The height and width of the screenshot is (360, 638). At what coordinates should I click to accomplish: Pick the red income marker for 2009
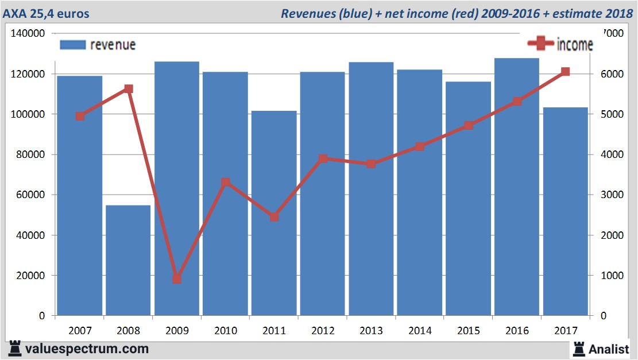tap(177, 279)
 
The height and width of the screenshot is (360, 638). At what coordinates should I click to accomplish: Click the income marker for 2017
tap(566, 72)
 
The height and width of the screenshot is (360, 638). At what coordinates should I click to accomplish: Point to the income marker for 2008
tap(129, 89)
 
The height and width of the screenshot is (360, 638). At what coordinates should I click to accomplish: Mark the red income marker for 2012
tap(323, 158)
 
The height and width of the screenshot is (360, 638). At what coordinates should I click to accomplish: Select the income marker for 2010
tap(226, 183)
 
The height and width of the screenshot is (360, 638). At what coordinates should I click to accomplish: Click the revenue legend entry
tap(98, 44)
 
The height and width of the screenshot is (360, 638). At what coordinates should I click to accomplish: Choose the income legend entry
tap(560, 44)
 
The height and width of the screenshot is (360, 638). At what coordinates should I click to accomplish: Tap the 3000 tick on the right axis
tap(612, 195)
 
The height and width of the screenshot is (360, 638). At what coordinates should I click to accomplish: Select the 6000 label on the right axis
tap(612, 74)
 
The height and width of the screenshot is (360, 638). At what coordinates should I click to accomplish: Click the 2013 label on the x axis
tap(372, 331)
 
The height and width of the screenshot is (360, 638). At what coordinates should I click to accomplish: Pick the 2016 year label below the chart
tap(517, 331)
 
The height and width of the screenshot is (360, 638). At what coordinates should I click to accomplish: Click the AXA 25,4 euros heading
tap(47, 13)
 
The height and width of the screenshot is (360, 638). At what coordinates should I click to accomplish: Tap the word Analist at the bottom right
tap(609, 349)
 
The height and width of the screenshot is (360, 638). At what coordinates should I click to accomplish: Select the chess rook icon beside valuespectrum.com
tap(15, 349)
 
